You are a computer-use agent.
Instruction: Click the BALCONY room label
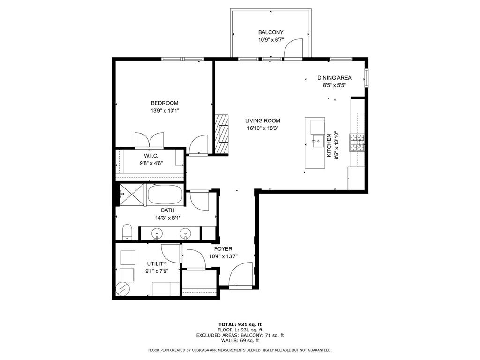(270, 32)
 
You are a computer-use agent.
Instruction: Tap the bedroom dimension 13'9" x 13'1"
(165, 111)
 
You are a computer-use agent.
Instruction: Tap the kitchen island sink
(317, 139)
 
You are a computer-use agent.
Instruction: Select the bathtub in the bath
(166, 195)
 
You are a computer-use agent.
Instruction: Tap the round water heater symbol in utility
(123, 289)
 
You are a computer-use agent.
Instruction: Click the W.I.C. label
(150, 156)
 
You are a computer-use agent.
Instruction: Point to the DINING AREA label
(334, 78)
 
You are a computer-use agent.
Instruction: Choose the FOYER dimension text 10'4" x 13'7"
(224, 256)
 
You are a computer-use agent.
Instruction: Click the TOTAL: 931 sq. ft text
(240, 324)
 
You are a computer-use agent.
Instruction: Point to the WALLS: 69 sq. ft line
(240, 341)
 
